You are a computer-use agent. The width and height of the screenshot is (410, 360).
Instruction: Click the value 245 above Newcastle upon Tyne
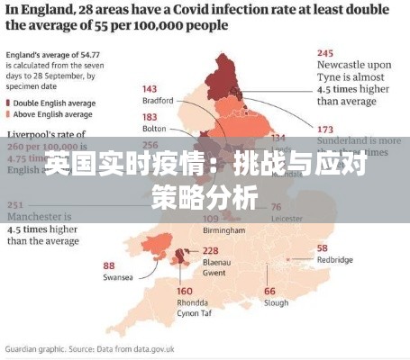(326, 52)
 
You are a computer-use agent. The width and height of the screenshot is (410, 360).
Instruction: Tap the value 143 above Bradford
(150, 89)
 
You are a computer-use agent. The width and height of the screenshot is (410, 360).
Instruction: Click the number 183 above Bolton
(150, 118)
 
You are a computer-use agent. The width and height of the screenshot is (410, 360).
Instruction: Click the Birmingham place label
(225, 230)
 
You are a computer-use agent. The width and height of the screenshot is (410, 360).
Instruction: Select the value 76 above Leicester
(276, 206)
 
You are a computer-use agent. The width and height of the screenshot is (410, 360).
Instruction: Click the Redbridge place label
(336, 259)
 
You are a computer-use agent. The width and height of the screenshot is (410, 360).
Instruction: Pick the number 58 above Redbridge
(323, 247)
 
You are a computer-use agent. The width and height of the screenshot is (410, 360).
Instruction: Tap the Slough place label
(276, 302)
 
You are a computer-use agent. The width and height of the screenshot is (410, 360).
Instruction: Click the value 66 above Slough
(269, 291)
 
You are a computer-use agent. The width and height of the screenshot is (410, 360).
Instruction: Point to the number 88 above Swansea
(109, 265)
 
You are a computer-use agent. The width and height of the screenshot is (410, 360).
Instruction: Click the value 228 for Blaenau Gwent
(211, 250)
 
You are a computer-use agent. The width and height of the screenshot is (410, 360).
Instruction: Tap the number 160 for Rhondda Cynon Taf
(185, 291)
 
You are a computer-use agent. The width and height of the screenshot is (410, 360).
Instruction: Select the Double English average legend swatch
(10, 102)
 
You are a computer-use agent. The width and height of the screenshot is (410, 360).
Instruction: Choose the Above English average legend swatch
(10, 114)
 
